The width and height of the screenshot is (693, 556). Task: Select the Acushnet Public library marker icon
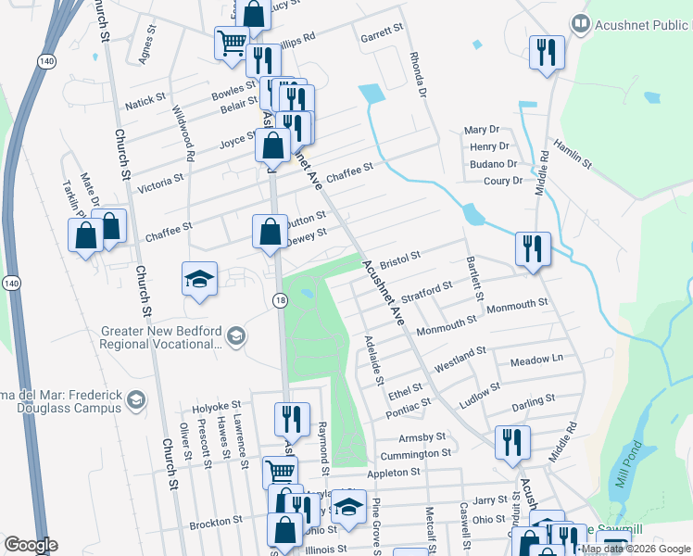(581, 21)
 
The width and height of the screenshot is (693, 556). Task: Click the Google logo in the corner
(31, 544)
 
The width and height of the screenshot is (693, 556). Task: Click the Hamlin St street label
(572, 152)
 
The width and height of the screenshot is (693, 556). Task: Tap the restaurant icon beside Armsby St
(510, 443)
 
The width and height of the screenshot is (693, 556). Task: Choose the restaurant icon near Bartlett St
(533, 248)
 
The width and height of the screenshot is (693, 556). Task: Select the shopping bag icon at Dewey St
(270, 233)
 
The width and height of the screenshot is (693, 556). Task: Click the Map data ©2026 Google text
(635, 549)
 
